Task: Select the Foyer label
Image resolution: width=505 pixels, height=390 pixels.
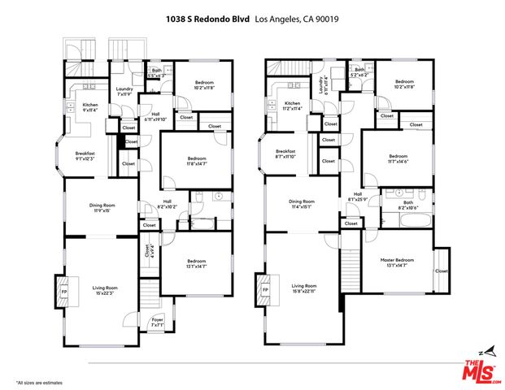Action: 158,323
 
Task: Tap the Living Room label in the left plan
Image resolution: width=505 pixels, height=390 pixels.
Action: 104,290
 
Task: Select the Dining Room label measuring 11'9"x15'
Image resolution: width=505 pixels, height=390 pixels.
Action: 102,207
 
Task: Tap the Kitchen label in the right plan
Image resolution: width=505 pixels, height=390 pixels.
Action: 292,106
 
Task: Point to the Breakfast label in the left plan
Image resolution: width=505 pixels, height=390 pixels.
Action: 85,156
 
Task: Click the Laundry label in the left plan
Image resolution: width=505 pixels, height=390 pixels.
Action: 124,92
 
